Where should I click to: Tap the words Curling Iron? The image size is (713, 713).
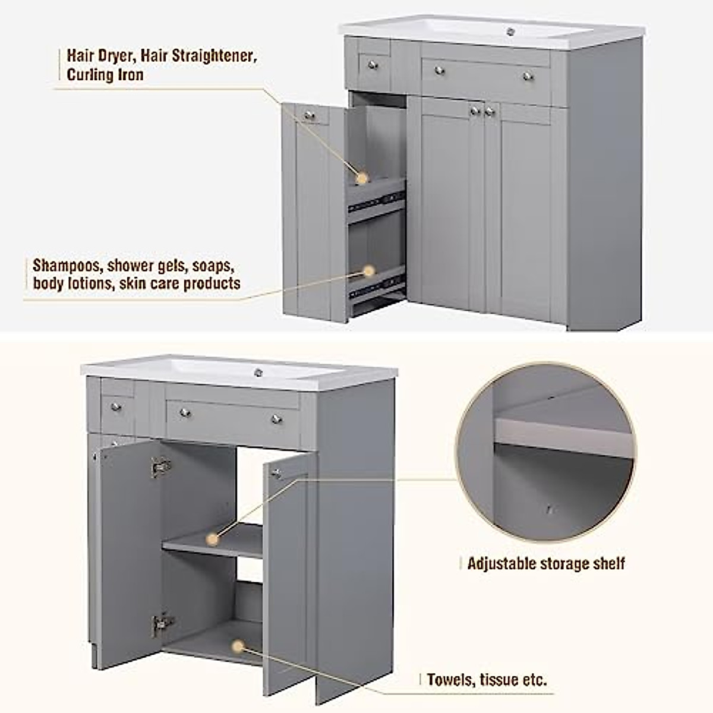(x=105, y=75)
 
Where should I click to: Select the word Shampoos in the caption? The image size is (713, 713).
(x=67, y=265)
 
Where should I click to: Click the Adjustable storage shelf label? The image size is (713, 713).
(x=545, y=563)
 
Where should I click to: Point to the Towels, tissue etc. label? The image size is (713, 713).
(x=487, y=679)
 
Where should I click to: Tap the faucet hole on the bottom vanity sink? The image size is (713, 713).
(x=258, y=373)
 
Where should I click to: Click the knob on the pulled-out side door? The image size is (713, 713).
(x=309, y=115)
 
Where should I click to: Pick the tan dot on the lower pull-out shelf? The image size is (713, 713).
(x=369, y=272)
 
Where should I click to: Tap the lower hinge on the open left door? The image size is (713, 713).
(x=160, y=623)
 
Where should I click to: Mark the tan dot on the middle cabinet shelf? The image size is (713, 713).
(x=212, y=539)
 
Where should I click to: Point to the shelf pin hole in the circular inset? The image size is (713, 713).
(x=550, y=509)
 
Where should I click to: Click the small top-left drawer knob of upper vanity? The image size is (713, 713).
(x=373, y=64)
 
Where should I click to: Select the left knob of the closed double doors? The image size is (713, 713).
(x=474, y=111)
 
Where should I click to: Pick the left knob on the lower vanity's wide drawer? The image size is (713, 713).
(x=185, y=412)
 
